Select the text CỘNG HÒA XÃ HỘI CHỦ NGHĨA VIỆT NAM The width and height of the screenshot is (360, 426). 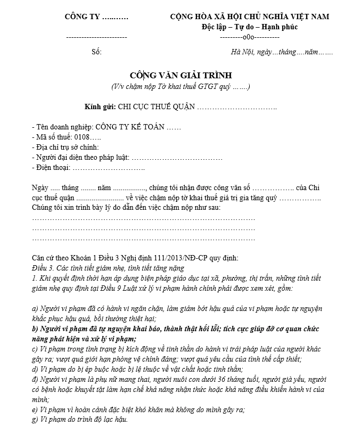(x=249, y=17)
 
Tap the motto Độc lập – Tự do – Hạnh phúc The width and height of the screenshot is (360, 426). (x=249, y=27)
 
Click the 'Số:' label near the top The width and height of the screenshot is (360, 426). (x=96, y=52)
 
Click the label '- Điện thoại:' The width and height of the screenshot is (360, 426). (x=51, y=168)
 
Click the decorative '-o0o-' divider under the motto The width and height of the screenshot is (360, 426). (x=249, y=37)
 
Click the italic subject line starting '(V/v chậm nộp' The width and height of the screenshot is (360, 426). (x=181, y=86)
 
